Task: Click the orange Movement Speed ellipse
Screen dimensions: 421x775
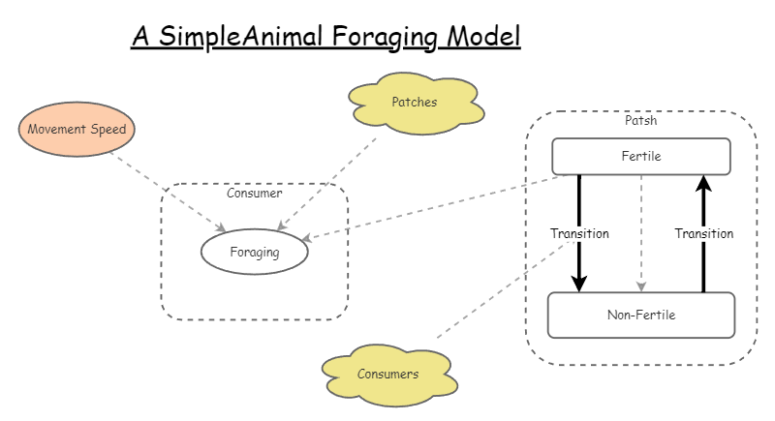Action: click(76, 129)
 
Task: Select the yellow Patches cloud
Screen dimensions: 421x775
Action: click(414, 103)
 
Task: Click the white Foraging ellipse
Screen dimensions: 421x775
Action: click(254, 253)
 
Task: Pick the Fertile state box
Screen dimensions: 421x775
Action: click(640, 157)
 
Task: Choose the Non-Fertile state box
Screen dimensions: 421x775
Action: click(640, 315)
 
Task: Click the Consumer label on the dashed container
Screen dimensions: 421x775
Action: click(254, 193)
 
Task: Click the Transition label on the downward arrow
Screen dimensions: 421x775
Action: click(579, 233)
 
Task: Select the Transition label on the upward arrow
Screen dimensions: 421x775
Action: click(703, 233)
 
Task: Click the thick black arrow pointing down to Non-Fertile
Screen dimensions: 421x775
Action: click(579, 266)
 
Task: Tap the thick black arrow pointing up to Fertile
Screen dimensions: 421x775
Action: click(703, 203)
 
